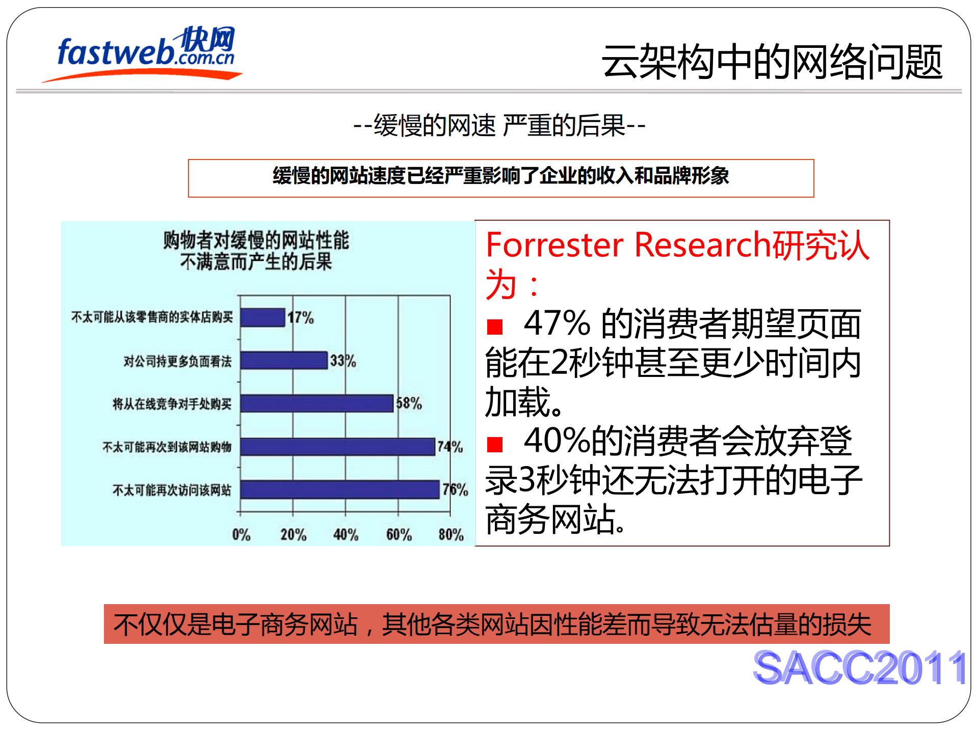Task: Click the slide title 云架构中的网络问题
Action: click(772, 62)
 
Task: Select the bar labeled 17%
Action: click(262, 317)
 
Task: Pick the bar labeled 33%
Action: click(284, 360)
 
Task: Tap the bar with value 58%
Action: click(316, 403)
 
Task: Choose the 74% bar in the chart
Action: click(337, 447)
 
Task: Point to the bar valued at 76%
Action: click(340, 490)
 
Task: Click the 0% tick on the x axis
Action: click(241, 535)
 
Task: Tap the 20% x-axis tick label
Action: click(294, 535)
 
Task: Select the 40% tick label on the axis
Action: click(346, 535)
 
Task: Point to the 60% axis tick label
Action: click(399, 535)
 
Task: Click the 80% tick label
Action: click(451, 535)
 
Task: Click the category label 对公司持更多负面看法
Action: click(177, 361)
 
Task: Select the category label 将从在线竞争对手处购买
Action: click(172, 404)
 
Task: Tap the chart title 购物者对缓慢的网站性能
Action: click(256, 240)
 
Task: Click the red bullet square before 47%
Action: click(494, 327)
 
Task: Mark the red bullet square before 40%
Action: click(494, 444)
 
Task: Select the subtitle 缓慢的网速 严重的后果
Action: click(499, 125)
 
